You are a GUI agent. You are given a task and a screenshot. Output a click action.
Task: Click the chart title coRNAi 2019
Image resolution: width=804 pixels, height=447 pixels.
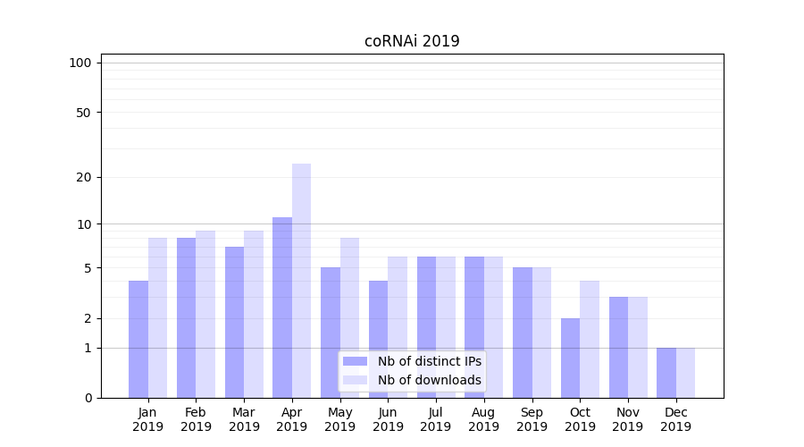pos(412,41)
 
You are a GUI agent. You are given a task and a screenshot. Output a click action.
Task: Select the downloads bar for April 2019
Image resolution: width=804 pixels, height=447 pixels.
pos(301,281)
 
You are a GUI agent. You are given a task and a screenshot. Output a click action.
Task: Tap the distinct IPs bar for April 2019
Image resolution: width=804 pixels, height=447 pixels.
pos(282,308)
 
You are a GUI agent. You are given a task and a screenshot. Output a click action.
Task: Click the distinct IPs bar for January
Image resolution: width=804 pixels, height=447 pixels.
pos(138,340)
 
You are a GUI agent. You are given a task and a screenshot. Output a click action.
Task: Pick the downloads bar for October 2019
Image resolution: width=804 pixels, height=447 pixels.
pos(590,340)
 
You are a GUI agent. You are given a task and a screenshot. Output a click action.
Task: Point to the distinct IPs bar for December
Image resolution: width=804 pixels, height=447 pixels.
pos(666,373)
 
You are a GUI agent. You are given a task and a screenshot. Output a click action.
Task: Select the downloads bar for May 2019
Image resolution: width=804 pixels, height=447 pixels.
pos(349,317)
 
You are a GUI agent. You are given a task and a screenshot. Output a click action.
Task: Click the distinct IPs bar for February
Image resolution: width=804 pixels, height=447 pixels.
pos(187,317)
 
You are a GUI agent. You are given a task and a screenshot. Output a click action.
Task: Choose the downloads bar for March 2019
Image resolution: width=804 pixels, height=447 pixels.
pos(253,314)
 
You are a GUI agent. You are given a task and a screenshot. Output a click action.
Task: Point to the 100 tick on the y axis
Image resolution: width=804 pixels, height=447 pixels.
pos(80,63)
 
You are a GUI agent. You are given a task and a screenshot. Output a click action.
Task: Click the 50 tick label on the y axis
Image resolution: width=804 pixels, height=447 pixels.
pos(83,113)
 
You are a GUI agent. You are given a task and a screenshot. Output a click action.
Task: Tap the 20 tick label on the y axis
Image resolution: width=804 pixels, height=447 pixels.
pos(83,177)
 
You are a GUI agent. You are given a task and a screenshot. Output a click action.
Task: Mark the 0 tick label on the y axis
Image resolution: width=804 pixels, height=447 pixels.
pos(88,398)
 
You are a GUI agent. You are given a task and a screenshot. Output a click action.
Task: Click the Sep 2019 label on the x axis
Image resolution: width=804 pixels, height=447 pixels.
pos(532,419)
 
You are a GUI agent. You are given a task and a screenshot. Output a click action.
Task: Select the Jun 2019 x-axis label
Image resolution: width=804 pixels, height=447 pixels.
pos(388,419)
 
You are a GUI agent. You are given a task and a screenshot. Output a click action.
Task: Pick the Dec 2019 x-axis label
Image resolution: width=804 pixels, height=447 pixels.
pos(675,419)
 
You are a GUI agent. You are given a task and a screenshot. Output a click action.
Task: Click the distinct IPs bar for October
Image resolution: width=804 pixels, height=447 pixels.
pos(571,358)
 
